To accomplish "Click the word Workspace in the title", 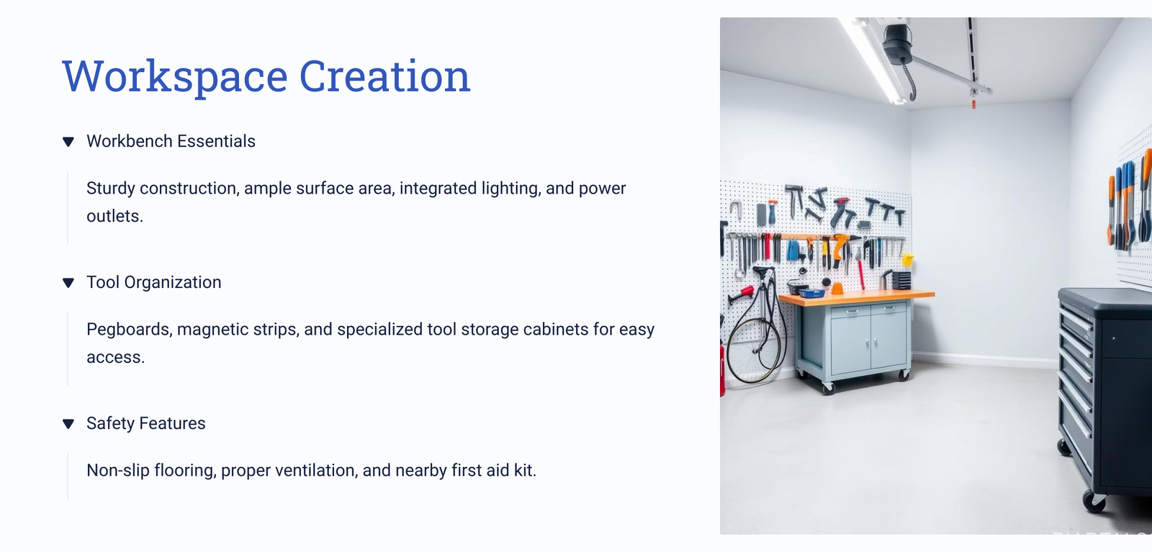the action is [175, 76].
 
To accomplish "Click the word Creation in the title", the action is [384, 76].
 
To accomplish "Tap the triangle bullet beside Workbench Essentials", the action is [68, 142].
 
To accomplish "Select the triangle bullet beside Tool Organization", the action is [68, 283].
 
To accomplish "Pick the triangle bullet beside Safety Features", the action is [68, 423].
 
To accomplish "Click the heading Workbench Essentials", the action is [171, 141].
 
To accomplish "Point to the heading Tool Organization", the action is [154, 282].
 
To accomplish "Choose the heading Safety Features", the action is [146, 423].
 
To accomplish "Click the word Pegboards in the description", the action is [129, 330].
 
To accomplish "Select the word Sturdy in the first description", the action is [111, 189].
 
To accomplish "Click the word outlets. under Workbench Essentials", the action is [114, 217].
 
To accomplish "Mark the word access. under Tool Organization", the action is [116, 357].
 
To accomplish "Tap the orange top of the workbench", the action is [857, 297].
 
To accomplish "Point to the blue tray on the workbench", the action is [812, 294].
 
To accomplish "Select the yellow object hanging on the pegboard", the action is [908, 260].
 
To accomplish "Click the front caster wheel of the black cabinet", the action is [1094, 501].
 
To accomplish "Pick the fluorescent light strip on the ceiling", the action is [872, 60].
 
